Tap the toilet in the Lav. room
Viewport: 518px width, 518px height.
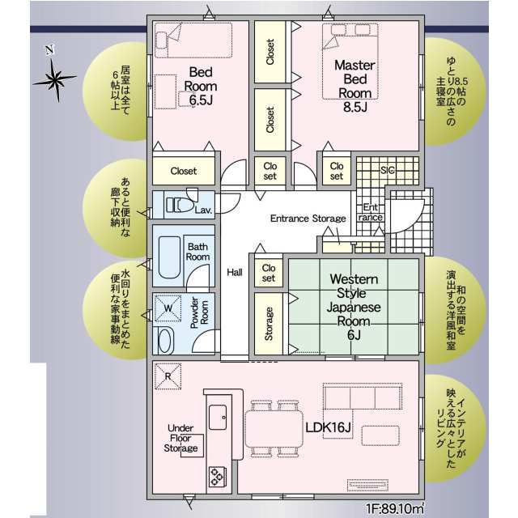pos(180,205)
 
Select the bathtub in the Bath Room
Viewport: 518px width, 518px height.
pos(169,257)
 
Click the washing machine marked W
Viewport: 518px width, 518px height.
pos(168,308)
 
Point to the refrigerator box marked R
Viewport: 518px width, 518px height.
pos(168,376)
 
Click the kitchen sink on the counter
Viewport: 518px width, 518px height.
pos(218,417)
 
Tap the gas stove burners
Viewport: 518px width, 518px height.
pos(218,477)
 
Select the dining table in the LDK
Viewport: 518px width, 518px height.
pos(274,428)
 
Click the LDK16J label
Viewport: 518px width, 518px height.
pos(328,427)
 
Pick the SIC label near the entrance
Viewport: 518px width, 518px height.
pos(387,170)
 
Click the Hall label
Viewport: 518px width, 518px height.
pos(235,272)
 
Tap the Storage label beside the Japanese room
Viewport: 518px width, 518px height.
pos(269,324)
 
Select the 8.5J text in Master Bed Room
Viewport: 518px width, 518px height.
pos(355,107)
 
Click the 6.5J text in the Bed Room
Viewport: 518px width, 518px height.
pos(201,100)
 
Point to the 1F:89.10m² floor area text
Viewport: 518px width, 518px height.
pos(394,508)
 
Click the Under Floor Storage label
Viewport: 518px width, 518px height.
pos(180,438)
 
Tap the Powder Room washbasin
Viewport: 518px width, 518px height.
pos(165,340)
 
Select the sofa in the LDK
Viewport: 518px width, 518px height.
pos(363,396)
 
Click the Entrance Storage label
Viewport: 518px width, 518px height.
pos(308,219)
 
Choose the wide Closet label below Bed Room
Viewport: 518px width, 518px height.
pos(184,171)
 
